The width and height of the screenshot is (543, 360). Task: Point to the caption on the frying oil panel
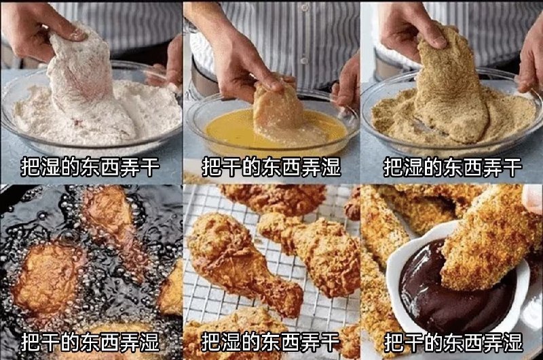point(90,340)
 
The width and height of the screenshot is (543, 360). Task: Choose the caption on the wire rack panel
point(271,340)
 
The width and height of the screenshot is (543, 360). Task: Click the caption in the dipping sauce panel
point(453,340)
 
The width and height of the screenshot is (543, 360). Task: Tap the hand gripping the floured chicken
point(37,27)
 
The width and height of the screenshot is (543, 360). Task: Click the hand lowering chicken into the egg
point(238,61)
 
